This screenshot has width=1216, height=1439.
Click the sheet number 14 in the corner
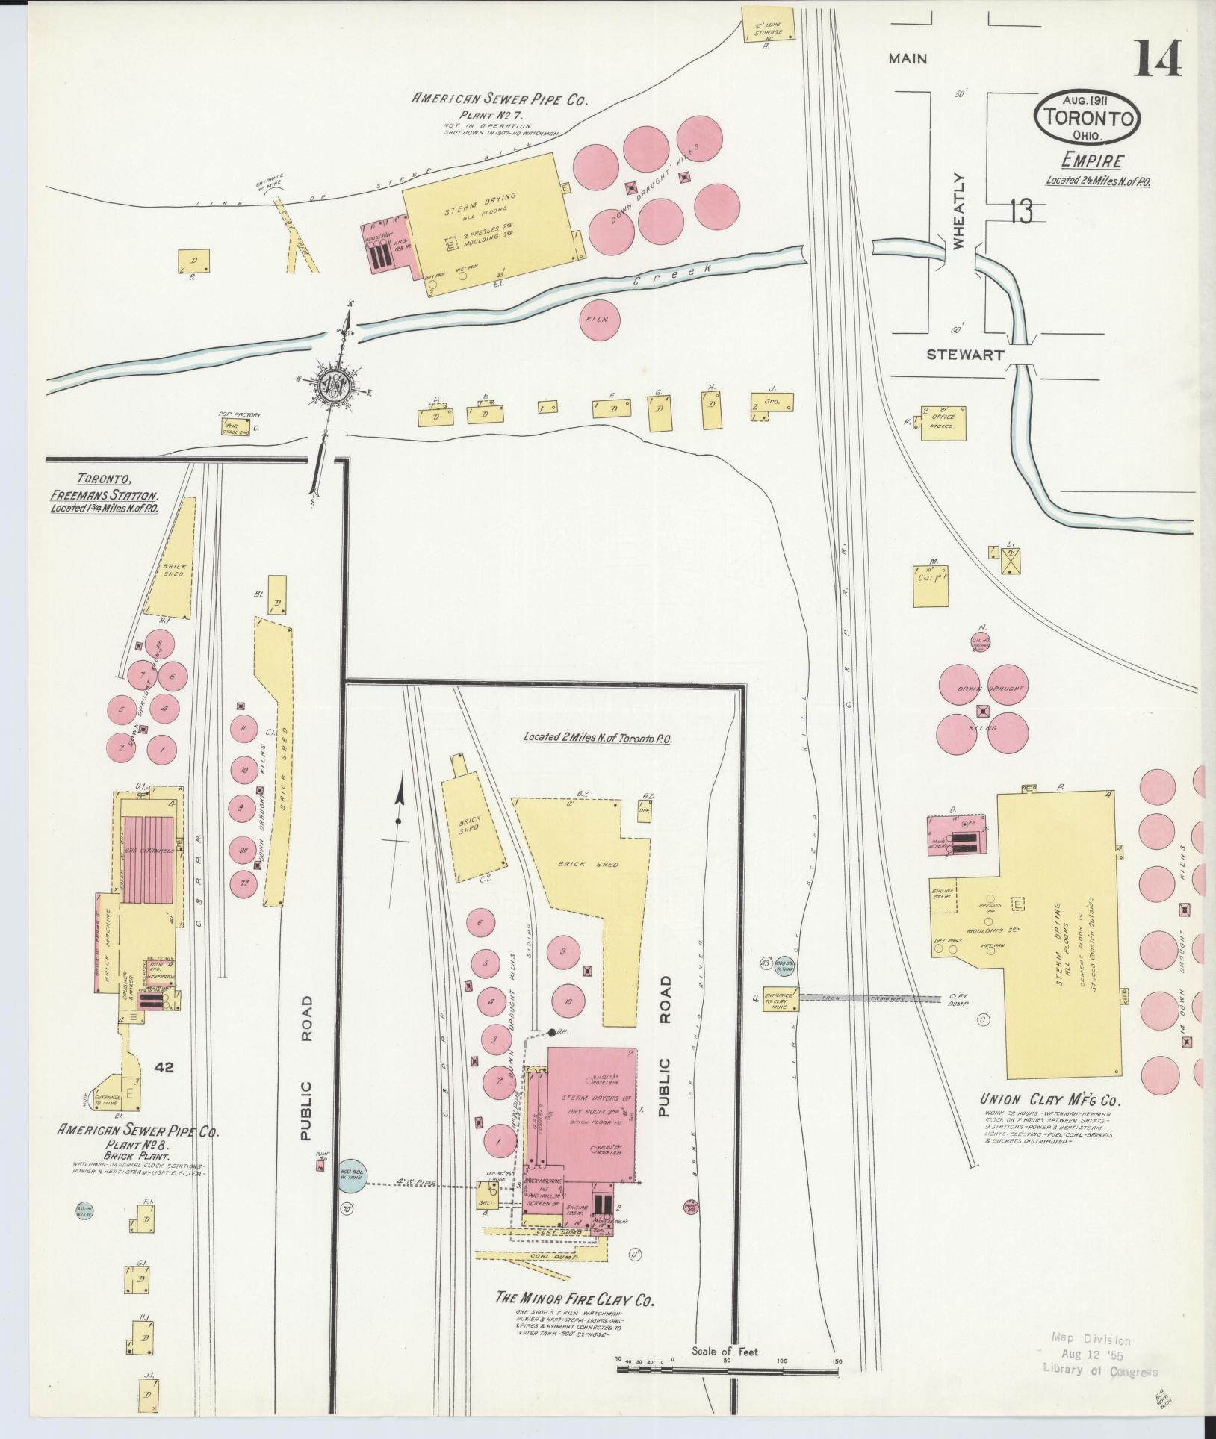click(x=1158, y=59)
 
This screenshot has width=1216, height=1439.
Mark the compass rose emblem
click(x=333, y=385)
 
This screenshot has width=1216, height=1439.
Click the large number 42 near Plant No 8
click(x=164, y=1068)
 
